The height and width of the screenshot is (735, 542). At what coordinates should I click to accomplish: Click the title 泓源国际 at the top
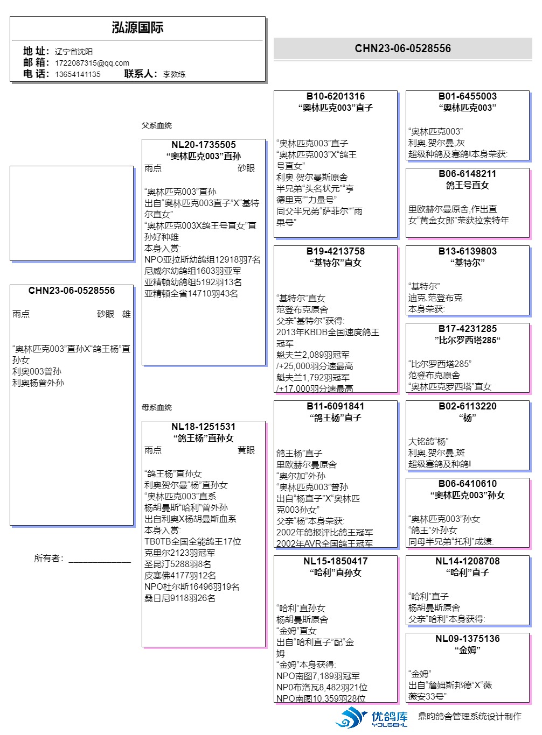(x=137, y=28)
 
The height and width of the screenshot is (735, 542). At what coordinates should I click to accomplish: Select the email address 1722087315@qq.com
(x=92, y=63)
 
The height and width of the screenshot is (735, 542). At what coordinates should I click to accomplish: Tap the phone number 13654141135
(x=78, y=74)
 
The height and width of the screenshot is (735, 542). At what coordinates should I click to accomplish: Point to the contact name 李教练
(x=174, y=74)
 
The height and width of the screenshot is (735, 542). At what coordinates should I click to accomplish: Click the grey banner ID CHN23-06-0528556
(x=402, y=48)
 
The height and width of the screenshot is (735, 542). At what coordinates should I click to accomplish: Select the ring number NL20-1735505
(x=204, y=145)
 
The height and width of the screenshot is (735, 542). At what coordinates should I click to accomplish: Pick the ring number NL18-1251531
(x=204, y=427)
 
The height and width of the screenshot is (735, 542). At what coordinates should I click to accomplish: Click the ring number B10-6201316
(x=335, y=96)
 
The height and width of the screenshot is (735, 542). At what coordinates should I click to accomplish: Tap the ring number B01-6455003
(x=467, y=96)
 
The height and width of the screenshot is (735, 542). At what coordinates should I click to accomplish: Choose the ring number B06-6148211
(x=467, y=174)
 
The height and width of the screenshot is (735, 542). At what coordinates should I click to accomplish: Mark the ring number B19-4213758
(x=335, y=251)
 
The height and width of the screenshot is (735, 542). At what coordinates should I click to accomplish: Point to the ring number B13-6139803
(x=467, y=251)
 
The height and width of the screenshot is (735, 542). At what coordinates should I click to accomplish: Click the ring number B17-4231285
(x=467, y=329)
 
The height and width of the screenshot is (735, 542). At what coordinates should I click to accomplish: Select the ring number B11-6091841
(x=335, y=406)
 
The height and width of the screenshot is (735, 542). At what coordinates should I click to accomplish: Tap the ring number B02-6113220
(x=467, y=406)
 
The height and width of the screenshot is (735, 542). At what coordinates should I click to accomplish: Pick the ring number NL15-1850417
(x=335, y=561)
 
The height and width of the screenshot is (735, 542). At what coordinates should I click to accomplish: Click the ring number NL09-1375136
(x=467, y=639)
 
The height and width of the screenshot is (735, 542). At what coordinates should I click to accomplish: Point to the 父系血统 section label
(x=157, y=125)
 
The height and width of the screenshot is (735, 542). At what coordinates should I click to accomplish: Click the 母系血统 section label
(x=157, y=407)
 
